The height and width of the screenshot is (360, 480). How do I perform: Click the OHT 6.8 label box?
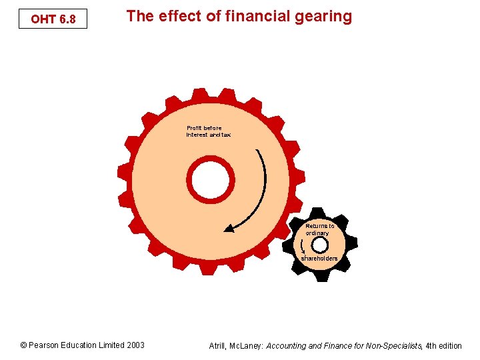[x=53, y=19]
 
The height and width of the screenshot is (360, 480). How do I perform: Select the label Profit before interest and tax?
[x=208, y=131]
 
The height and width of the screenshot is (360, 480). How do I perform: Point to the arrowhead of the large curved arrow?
[x=229, y=228]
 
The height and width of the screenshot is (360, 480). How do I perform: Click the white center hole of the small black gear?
[x=319, y=245]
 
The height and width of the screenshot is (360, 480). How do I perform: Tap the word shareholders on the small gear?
[x=319, y=258]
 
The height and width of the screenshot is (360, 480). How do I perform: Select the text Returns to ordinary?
[x=319, y=229]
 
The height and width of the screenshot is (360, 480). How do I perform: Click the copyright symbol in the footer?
[x=23, y=345]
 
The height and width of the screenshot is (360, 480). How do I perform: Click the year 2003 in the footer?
[x=135, y=345]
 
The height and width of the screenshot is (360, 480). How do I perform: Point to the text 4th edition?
[x=444, y=345]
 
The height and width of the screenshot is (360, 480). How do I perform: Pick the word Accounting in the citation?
[x=289, y=345]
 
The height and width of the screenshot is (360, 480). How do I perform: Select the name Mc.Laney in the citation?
[x=247, y=345]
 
